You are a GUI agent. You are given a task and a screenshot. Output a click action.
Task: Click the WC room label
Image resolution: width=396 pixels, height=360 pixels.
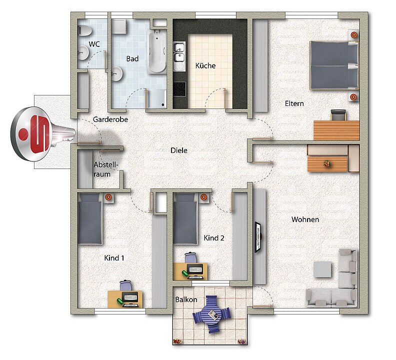click(x=94, y=44)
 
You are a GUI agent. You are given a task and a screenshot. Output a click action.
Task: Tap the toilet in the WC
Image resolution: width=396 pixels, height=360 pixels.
click(x=85, y=31)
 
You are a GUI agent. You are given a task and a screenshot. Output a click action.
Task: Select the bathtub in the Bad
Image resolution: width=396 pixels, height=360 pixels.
click(x=157, y=51)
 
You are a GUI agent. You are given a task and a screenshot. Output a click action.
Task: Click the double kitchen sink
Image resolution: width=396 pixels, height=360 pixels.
click(x=179, y=52)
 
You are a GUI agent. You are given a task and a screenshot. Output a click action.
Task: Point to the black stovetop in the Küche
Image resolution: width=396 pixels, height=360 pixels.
click(x=179, y=89)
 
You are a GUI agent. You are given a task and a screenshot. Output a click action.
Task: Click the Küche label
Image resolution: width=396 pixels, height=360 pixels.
click(x=205, y=65)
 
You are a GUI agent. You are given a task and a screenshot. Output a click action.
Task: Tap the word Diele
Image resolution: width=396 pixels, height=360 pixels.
click(x=179, y=150)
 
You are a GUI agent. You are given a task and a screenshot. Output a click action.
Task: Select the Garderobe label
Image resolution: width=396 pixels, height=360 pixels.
click(x=110, y=119)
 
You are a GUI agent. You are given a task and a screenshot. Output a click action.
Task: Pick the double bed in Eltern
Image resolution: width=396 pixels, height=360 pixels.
click(x=334, y=65)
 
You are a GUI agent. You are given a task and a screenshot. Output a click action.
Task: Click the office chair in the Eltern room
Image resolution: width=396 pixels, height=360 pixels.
click(x=338, y=115)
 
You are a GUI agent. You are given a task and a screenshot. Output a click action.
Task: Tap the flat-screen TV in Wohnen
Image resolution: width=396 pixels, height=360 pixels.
click(x=258, y=237)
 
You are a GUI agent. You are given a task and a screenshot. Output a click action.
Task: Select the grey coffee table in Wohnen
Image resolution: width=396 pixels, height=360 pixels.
click(x=322, y=269)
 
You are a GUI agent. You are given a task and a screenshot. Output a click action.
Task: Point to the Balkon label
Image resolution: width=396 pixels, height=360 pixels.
click(x=186, y=299)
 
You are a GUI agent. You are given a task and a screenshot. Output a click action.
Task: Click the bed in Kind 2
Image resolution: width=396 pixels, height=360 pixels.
click(x=185, y=218)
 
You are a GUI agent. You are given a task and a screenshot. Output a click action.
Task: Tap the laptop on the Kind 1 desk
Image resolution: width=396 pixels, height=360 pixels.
click(x=130, y=299)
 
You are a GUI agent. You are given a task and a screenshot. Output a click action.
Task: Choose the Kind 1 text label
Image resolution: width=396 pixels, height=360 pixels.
click(x=114, y=258)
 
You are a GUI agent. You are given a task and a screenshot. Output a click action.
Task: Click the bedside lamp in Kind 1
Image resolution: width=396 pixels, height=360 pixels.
click(x=108, y=197)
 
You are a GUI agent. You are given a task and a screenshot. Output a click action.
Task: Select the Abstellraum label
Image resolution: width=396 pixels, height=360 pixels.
click(x=106, y=169)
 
